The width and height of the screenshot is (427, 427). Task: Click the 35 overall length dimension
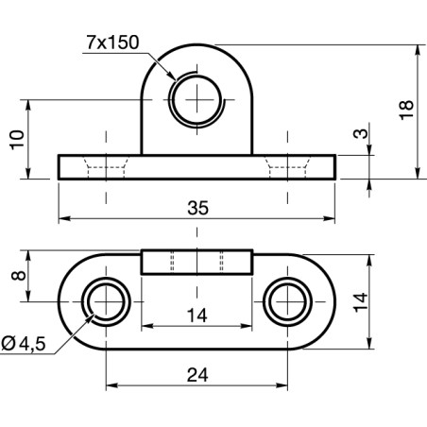[x=196, y=208]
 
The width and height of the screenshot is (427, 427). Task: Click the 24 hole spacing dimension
[x=196, y=374]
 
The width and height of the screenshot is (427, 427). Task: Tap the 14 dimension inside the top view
[x=196, y=316]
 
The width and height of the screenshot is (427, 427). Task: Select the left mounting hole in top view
[x=105, y=302]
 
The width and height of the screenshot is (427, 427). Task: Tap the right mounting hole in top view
[x=286, y=302]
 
